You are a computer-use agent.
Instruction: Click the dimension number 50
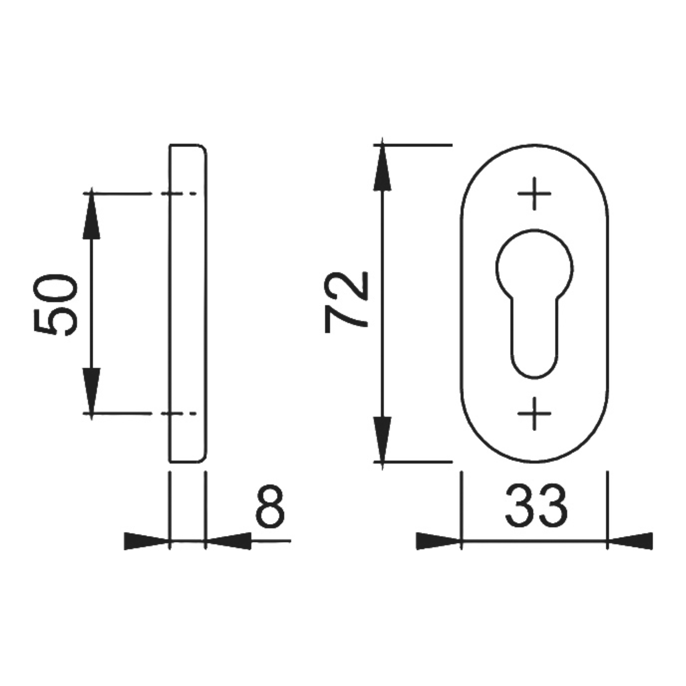(x=56, y=305)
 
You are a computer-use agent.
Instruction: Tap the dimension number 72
(x=346, y=302)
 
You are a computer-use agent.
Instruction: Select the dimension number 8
(x=270, y=506)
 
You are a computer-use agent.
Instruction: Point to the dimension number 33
(x=537, y=506)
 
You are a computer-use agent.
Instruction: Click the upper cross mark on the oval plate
(x=534, y=194)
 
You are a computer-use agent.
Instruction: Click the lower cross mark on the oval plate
(x=534, y=414)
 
